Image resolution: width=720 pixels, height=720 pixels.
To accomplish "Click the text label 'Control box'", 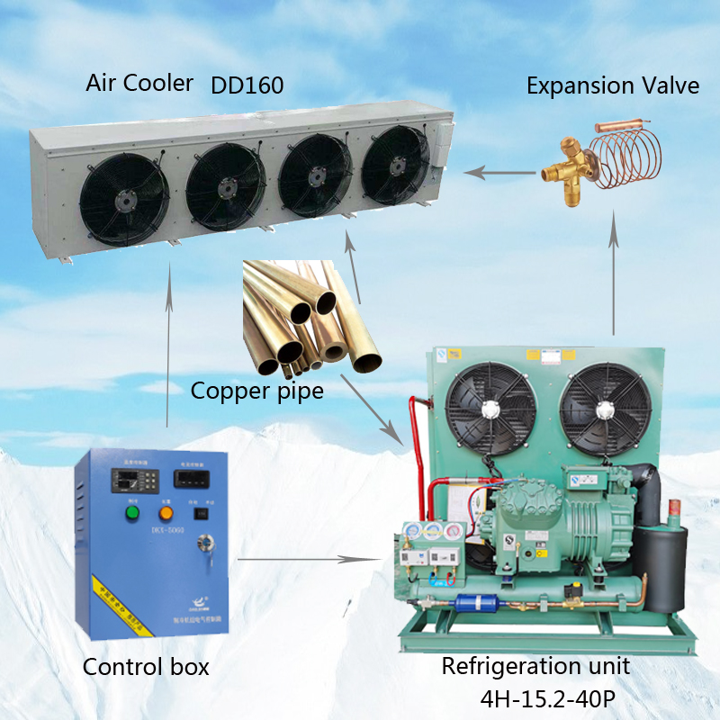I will (146, 667).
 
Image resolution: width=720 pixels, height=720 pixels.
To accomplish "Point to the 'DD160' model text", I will (247, 85).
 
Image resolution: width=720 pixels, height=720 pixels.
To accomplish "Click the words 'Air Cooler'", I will (139, 84).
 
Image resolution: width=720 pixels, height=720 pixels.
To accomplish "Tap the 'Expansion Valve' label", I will (613, 86).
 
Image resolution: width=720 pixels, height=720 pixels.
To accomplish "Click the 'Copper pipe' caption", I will (256, 391).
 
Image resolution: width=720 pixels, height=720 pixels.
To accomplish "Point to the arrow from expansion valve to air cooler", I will (502, 171).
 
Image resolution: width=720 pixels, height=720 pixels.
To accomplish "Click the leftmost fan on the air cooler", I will (123, 193).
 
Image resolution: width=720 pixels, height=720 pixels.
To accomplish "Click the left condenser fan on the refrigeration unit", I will (489, 408).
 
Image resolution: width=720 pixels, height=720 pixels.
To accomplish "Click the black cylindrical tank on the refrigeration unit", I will (670, 562).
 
